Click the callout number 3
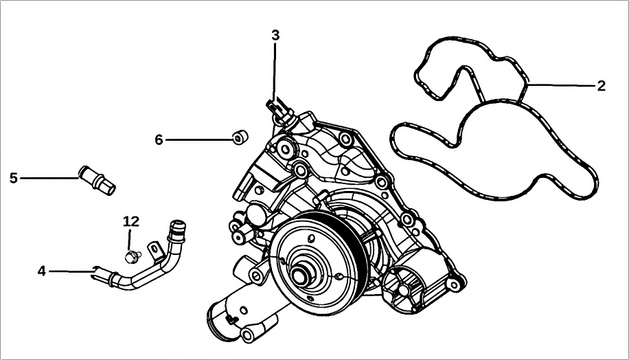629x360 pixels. pyautogui.click(x=275, y=35)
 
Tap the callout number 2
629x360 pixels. pyautogui.click(x=601, y=86)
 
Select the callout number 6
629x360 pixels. pyautogui.click(x=159, y=140)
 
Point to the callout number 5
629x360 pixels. pyautogui.click(x=14, y=178)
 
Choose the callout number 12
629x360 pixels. pyautogui.click(x=130, y=221)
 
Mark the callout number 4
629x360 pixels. pyautogui.click(x=42, y=271)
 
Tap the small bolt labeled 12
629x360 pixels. pyautogui.click(x=130, y=257)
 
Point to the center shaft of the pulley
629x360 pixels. pyautogui.click(x=301, y=275)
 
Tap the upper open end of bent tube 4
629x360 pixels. pyautogui.click(x=177, y=225)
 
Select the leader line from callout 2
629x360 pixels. pyautogui.click(x=563, y=85)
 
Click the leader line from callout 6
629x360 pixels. pyautogui.click(x=199, y=140)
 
